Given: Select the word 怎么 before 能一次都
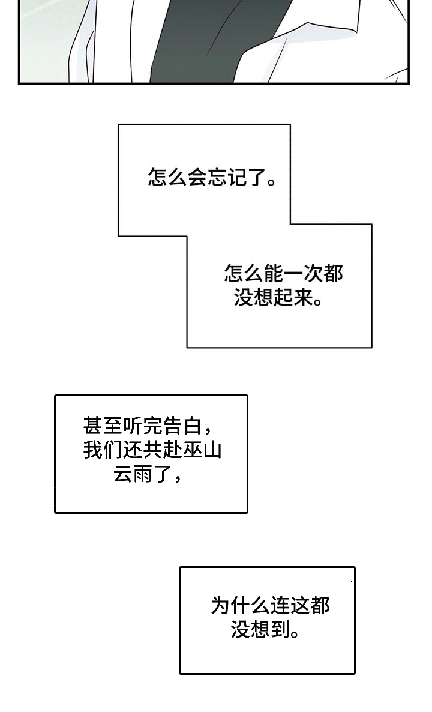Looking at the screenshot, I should [x=244, y=274].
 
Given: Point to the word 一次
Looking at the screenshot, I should [x=304, y=274].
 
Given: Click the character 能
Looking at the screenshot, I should [x=274, y=274].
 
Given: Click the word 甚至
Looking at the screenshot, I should [x=103, y=427].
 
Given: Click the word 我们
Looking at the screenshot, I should [x=103, y=451].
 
